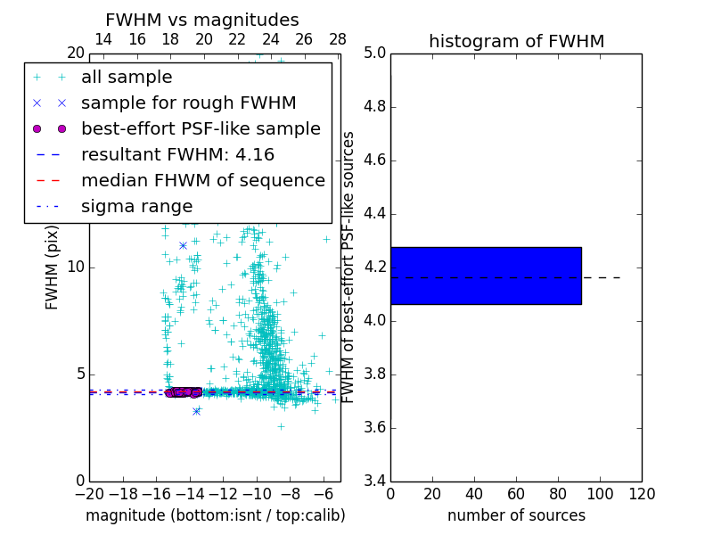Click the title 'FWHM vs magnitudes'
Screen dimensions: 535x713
tap(202, 21)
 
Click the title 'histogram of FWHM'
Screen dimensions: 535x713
tap(516, 41)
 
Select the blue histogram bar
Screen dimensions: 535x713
tap(486, 276)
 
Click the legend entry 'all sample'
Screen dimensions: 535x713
tap(127, 78)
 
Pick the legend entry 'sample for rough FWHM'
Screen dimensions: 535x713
tap(188, 103)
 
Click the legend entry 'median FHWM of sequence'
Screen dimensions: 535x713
tap(202, 181)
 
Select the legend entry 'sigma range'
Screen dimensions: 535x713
tap(136, 207)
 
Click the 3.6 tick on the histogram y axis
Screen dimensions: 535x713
tap(374, 428)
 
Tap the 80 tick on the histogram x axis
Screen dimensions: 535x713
tap(558, 494)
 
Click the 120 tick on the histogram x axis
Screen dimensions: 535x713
tap(642, 494)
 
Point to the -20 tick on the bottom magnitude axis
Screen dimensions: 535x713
tap(89, 494)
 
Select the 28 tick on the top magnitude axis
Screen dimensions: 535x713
tap(338, 39)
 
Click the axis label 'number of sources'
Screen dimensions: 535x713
tap(516, 515)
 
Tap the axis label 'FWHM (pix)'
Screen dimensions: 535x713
tap(53, 268)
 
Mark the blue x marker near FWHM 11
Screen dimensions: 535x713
tap(183, 245)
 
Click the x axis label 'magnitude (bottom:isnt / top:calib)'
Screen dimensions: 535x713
tap(215, 515)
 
